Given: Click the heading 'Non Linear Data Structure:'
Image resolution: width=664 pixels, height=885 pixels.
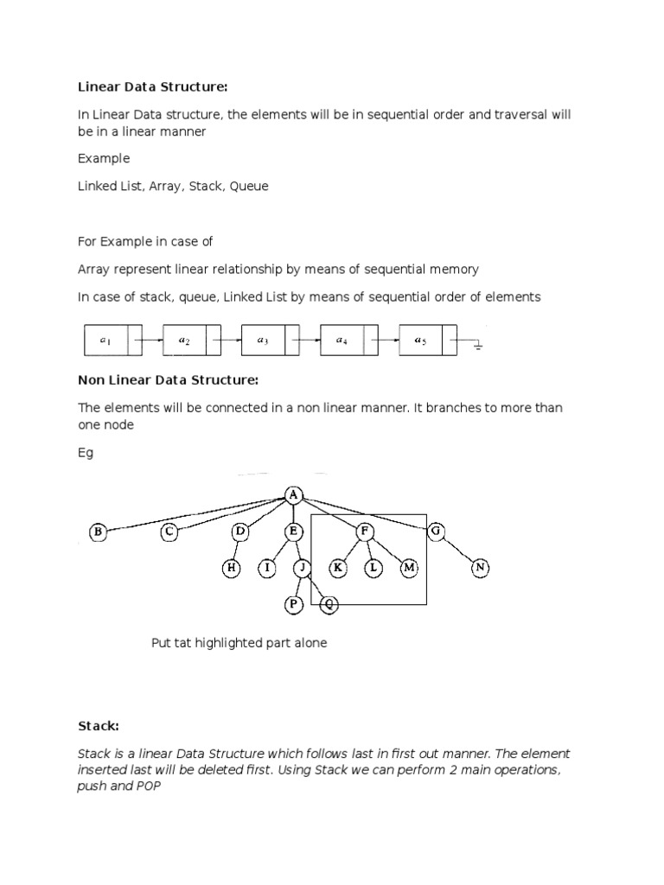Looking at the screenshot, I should coord(168,379).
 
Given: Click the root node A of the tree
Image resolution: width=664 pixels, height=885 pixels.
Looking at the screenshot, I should coord(294,494).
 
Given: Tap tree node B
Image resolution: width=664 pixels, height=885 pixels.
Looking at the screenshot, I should coord(98,533).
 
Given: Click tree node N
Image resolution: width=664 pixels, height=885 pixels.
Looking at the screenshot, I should coord(481,568).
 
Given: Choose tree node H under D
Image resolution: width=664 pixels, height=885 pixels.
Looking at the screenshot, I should coord(232,568).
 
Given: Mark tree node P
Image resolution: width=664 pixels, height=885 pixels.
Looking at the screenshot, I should coord(294,605).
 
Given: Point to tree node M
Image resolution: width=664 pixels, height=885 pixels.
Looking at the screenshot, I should coord(409,568).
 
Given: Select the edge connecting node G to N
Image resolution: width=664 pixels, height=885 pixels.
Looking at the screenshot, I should coord(458,551).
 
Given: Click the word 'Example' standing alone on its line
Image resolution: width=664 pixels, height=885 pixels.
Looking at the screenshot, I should coord(104,159).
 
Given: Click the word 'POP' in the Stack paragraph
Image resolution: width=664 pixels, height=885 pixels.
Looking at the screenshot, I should coord(150,786).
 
